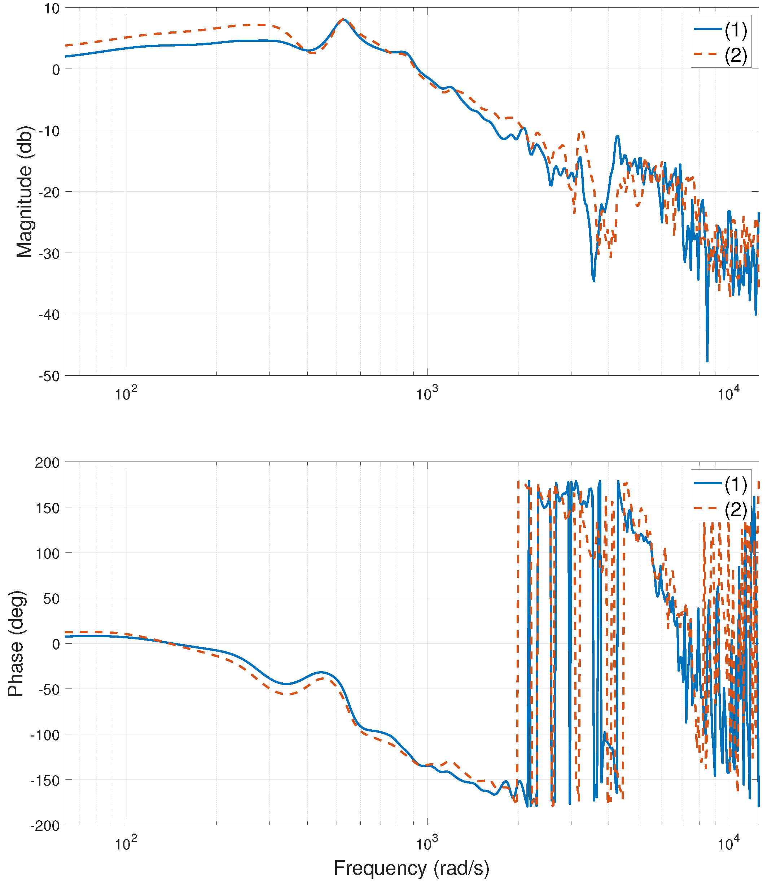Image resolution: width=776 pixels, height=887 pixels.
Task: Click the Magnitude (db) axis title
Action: (24, 192)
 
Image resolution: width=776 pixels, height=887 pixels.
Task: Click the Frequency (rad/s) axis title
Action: (411, 868)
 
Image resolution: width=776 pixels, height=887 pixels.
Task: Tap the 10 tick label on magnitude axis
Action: (51, 9)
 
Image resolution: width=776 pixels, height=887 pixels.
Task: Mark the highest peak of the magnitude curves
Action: (343, 19)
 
